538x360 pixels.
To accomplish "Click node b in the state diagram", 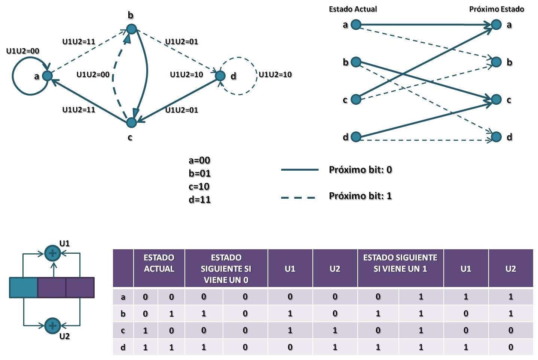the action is (x=131, y=29).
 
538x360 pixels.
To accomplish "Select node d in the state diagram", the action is (x=220, y=76).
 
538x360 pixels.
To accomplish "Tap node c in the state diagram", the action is (x=131, y=122).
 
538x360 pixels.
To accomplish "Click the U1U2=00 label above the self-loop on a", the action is (x=22, y=51).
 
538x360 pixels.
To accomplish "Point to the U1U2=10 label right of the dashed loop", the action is (x=275, y=74).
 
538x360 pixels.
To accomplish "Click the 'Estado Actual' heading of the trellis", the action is (x=353, y=9).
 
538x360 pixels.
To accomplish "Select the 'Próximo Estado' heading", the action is (x=496, y=9).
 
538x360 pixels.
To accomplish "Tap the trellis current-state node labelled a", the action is (x=356, y=24).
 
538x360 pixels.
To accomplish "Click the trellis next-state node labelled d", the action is (x=496, y=137).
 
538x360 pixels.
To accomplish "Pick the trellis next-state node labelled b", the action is (x=496, y=62).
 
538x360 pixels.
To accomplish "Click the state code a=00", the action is (x=199, y=160).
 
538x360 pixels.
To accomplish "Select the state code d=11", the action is (x=199, y=199).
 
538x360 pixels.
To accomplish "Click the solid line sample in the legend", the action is (x=300, y=170).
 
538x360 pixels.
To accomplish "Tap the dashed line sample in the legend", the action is (x=298, y=198).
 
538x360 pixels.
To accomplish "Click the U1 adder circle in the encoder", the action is (x=53, y=253).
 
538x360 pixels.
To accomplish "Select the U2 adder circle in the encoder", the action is (x=53, y=326).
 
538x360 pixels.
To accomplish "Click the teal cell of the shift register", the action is (x=24, y=287).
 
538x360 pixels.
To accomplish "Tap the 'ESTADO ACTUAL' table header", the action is (x=159, y=263).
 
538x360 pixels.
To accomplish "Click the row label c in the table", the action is (x=123, y=330).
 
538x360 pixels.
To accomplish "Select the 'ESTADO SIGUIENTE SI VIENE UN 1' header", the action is (x=400, y=263).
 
